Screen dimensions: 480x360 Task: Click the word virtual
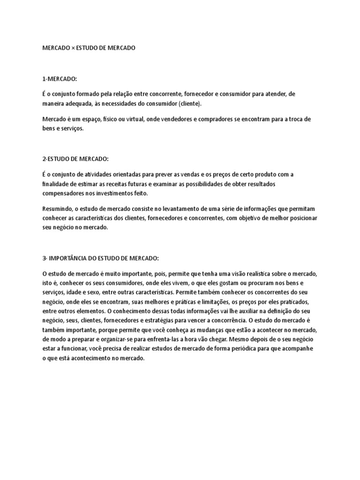coord(131,119)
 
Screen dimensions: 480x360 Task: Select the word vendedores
coord(165,119)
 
